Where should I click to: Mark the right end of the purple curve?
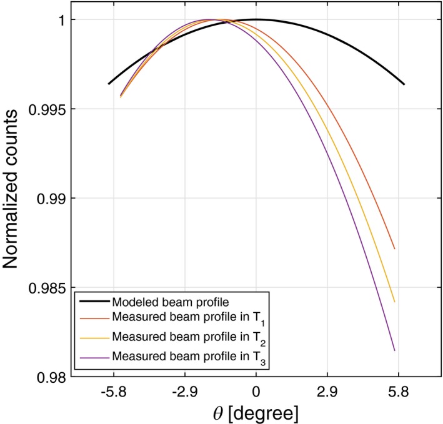tap(394, 350)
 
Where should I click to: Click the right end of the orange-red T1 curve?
tap(394, 249)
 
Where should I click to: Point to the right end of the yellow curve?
tap(394, 302)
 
